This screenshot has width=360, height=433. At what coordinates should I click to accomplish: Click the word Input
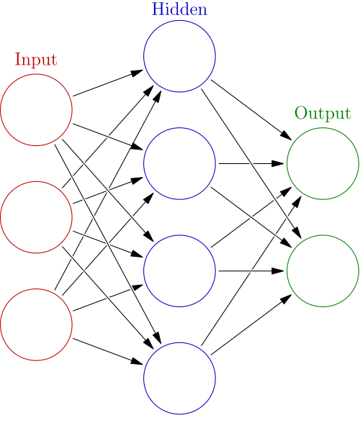[x=35, y=60]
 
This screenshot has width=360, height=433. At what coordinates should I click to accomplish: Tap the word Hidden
[x=179, y=9]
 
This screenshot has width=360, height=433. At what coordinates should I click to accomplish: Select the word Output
[x=323, y=114]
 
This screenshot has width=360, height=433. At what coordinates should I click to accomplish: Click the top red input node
[x=36, y=110]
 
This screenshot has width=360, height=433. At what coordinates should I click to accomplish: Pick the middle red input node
[x=36, y=217]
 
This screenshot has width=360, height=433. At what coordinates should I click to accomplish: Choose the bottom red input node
[x=36, y=324]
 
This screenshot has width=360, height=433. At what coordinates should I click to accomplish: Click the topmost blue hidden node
[x=179, y=56]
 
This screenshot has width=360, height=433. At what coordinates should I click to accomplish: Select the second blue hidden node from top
[x=179, y=163]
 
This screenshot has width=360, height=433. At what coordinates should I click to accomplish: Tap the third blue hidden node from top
[x=179, y=270]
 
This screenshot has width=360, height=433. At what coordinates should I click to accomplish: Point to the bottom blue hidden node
[x=179, y=378]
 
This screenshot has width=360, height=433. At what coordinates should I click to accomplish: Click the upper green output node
[x=323, y=163]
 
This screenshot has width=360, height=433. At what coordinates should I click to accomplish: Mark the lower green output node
[x=323, y=270]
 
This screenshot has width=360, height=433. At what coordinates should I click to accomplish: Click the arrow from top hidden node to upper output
[x=248, y=108]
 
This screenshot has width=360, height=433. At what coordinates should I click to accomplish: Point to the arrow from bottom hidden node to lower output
[x=248, y=326]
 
